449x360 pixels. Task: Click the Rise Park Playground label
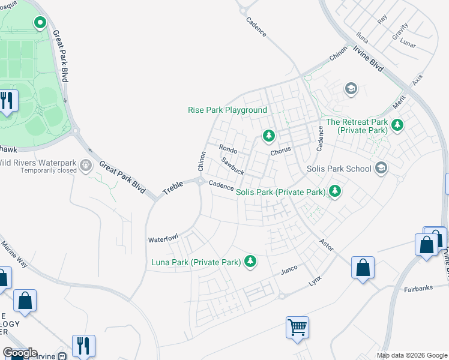(x=227, y=110)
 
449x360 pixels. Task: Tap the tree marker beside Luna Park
(x=250, y=262)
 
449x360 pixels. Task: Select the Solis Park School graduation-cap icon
(x=380, y=169)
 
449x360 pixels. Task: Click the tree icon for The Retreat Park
(x=397, y=125)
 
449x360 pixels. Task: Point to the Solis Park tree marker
(x=335, y=192)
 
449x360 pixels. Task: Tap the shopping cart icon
(x=297, y=328)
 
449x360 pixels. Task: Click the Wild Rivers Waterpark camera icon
(x=86, y=163)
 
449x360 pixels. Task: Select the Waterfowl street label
(x=163, y=239)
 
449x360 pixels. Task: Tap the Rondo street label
(x=228, y=148)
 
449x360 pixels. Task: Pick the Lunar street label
(x=409, y=44)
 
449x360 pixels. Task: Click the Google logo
(x=20, y=353)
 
